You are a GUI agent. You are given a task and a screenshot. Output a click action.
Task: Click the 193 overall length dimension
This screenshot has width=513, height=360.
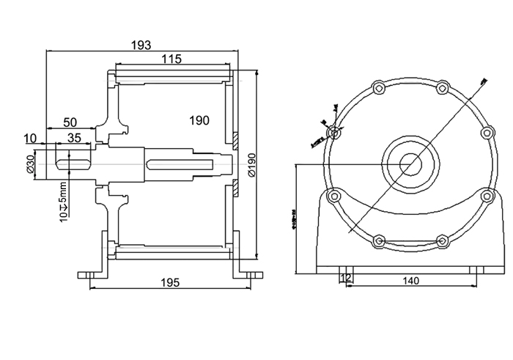(x=141, y=45)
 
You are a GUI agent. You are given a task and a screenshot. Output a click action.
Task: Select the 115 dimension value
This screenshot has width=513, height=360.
(x=172, y=59)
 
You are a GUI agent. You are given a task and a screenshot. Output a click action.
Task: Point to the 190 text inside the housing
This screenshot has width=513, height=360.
(x=199, y=120)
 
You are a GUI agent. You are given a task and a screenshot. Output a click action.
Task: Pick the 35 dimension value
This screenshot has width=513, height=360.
(x=74, y=137)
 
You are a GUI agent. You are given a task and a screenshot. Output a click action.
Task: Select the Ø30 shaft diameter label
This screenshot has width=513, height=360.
(x=31, y=164)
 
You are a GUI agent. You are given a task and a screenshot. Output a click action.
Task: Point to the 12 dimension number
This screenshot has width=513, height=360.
(x=347, y=279)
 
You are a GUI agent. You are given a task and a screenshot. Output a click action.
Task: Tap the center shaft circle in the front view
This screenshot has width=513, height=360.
(x=410, y=163)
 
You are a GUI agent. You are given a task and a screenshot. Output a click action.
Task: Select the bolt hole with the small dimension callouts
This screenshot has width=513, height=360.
(x=335, y=133)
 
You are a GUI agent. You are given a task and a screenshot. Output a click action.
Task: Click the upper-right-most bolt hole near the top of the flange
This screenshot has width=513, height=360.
(x=443, y=88)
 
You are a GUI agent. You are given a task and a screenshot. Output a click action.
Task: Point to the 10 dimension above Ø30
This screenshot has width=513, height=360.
(x=30, y=137)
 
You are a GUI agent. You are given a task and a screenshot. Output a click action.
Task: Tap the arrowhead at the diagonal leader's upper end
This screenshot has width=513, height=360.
(x=485, y=80)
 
